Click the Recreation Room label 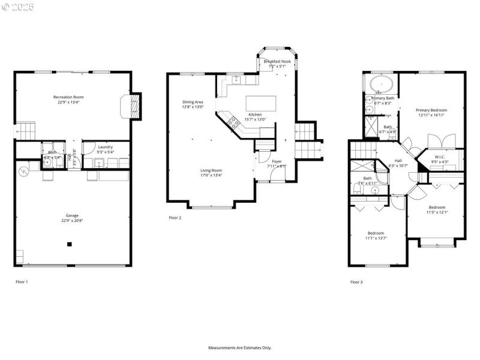pyautogui.click(x=68, y=97)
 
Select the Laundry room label pyautogui.click(x=106, y=146)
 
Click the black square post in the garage pyautogui.click(x=70, y=244)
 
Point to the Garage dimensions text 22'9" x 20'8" pyautogui.click(x=72, y=221)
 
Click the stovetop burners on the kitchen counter pyautogui.click(x=233, y=122)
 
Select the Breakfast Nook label pyautogui.click(x=277, y=62)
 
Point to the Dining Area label pyautogui.click(x=193, y=102)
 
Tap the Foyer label pyautogui.click(x=277, y=161)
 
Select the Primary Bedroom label pyautogui.click(x=432, y=110)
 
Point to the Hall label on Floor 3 pyautogui.click(x=398, y=160)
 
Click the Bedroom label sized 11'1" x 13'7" pyautogui.click(x=376, y=233)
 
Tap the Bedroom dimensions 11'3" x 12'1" pyautogui.click(x=437, y=212)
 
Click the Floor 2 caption pyautogui.click(x=175, y=218)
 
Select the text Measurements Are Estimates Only pyautogui.click(x=240, y=348)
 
